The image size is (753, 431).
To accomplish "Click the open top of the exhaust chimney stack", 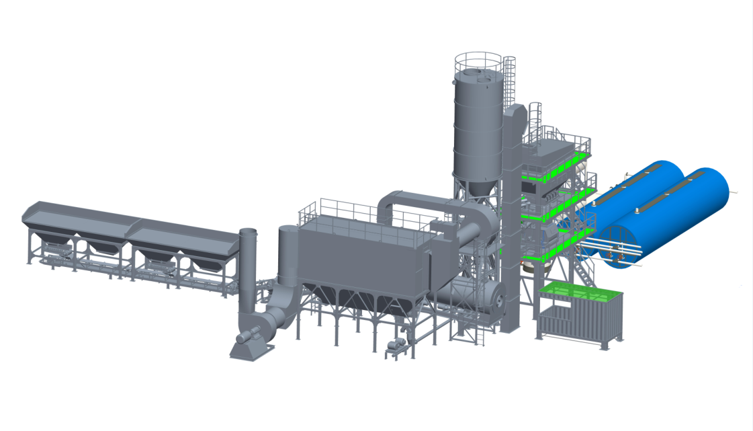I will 247,232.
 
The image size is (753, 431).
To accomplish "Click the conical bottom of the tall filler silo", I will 477,188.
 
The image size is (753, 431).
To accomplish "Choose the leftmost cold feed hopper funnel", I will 51,239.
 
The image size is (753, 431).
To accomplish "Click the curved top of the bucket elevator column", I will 514,112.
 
